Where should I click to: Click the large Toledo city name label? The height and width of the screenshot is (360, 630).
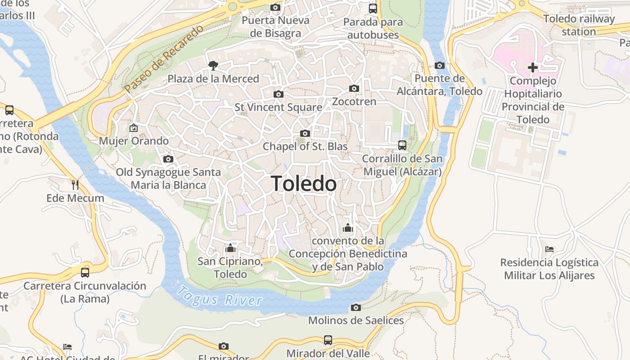coord(304,184)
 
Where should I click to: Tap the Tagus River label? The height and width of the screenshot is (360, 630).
coord(219,297)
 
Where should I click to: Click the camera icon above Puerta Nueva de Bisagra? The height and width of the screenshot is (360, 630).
coord(275,8)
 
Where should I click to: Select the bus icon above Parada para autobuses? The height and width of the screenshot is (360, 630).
coord(373,8)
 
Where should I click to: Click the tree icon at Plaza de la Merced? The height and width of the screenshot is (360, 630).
coord(213,66)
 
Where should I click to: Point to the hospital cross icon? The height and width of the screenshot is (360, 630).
coord(533,68)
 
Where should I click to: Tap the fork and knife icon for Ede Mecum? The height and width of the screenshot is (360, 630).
coord(75,185)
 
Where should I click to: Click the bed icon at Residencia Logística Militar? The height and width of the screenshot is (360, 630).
coord(549,249)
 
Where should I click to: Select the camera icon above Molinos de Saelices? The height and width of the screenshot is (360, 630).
coord(356,308)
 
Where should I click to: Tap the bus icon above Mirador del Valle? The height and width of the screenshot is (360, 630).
coord(328,340)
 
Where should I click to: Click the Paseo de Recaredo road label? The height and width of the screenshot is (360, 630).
coord(164,59)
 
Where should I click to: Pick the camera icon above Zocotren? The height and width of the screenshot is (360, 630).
coord(354,89)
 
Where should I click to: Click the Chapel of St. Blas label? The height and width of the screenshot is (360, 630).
coord(305,146)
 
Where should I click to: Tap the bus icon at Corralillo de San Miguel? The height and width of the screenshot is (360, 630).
coord(402,145)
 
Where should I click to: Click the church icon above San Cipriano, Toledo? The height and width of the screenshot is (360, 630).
coord(230,248)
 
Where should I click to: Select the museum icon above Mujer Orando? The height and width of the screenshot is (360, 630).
coord(134,128)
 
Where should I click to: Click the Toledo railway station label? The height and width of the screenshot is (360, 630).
coord(579,25)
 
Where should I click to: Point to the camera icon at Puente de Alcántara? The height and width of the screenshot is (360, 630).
coord(440,66)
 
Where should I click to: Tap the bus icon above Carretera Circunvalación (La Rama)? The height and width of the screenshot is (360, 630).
coord(85,272)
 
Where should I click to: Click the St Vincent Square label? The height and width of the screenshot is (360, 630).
coord(278,107)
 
